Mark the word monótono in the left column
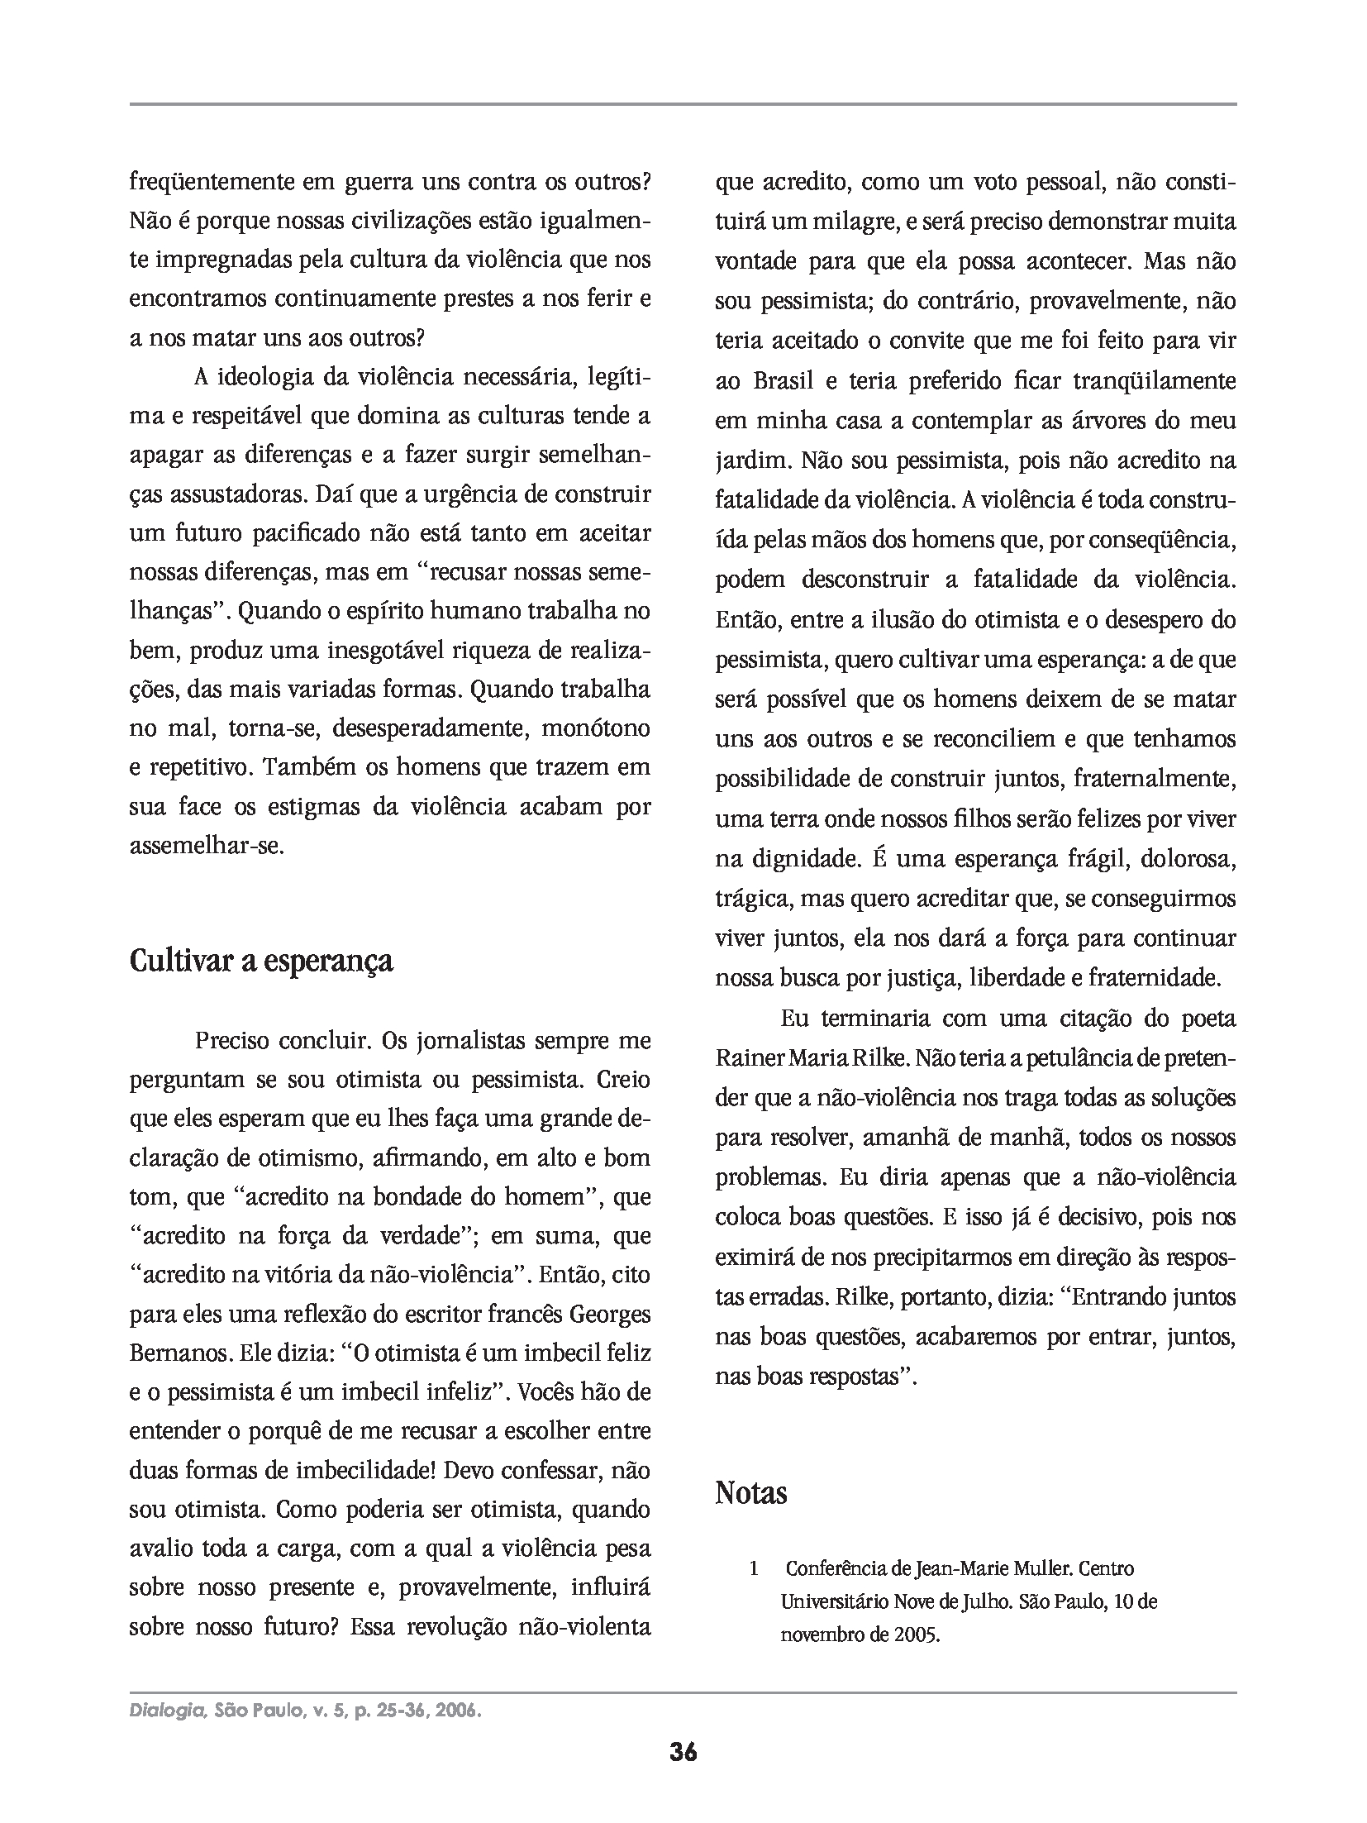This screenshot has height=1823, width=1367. pyautogui.click(x=595, y=729)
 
